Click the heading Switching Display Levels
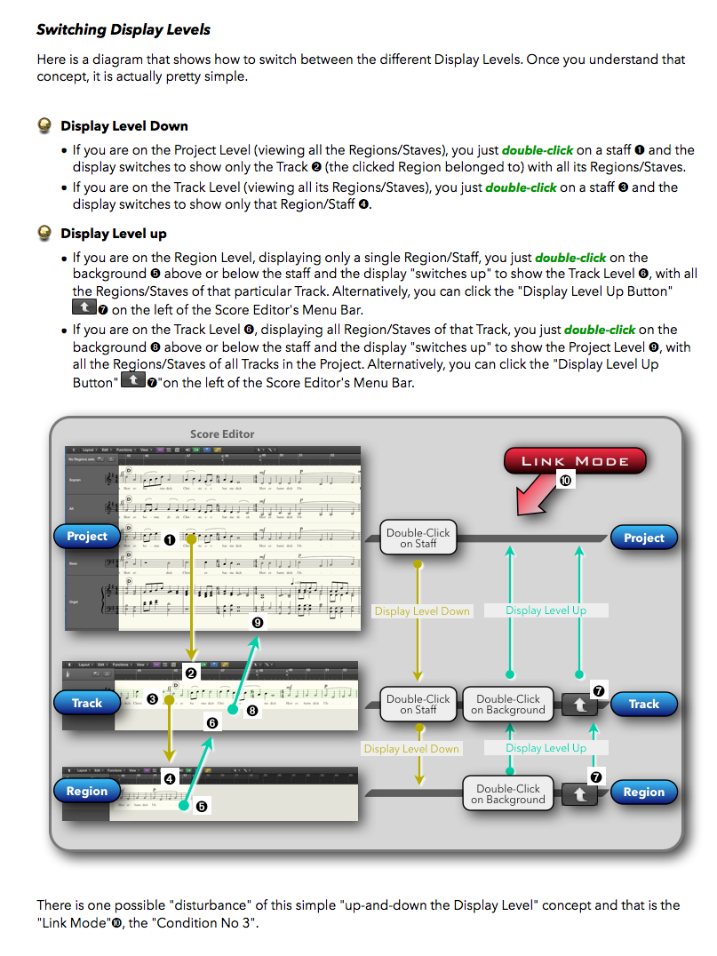click(123, 29)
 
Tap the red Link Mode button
click(575, 460)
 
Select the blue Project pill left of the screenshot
click(87, 537)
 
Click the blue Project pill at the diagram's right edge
click(643, 538)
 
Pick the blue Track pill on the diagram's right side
click(643, 704)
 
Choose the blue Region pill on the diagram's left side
click(87, 791)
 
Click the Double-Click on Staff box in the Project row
click(418, 538)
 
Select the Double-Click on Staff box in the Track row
click(418, 704)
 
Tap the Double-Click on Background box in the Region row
click(509, 793)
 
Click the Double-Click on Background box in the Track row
click(508, 704)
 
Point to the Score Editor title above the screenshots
click(222, 434)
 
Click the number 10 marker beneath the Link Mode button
click(566, 480)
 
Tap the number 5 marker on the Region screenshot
click(202, 807)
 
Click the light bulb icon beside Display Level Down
click(44, 125)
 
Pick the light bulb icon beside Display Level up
click(44, 233)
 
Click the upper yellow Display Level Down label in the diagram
click(422, 611)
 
